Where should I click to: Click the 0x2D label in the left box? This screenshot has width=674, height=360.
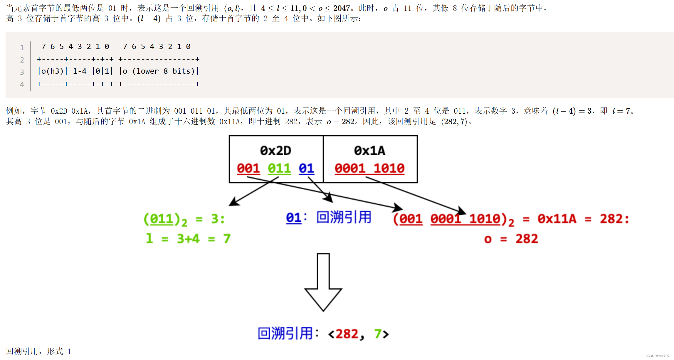click(275, 151)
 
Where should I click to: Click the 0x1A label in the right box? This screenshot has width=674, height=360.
click(369, 151)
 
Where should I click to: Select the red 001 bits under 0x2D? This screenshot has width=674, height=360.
click(248, 169)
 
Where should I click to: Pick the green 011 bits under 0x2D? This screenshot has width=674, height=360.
click(279, 169)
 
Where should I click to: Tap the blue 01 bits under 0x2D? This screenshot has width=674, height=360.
click(306, 169)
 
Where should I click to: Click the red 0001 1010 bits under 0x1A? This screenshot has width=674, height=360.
click(369, 169)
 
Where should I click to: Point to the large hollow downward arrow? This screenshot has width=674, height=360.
click(323, 282)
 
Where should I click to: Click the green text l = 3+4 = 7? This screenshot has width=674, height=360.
click(188, 238)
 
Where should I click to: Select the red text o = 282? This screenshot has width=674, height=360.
click(511, 239)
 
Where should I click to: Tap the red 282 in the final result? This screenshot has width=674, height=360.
click(347, 334)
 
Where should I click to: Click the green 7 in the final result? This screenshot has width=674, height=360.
click(378, 334)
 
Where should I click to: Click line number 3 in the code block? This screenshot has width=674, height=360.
click(22, 72)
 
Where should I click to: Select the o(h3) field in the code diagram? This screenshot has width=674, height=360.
click(52, 71)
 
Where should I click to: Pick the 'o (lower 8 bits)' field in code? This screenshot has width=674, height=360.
click(159, 71)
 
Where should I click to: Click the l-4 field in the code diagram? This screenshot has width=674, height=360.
click(80, 71)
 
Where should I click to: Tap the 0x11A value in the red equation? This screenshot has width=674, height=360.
click(557, 219)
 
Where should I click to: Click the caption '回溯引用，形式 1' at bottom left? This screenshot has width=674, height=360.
click(38, 351)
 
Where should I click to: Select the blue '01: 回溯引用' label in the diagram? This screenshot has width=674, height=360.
click(329, 218)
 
